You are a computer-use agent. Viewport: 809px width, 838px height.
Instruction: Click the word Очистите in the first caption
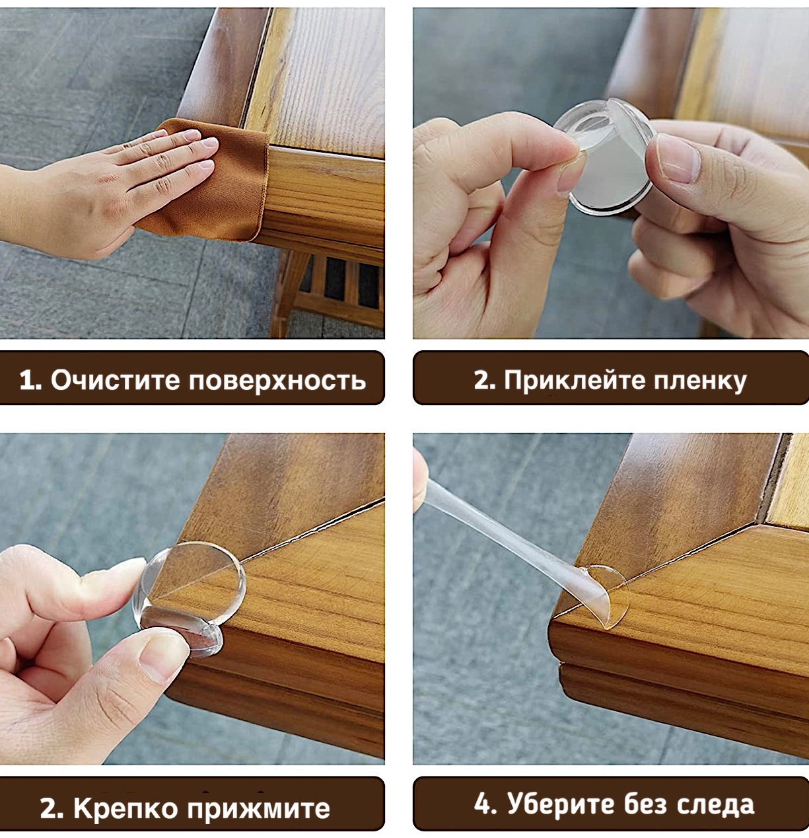[115, 380]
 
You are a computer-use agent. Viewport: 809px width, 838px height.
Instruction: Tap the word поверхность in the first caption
[277, 381]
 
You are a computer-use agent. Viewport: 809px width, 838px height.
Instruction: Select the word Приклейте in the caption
[575, 381]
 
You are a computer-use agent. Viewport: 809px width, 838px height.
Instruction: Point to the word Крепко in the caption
[125, 809]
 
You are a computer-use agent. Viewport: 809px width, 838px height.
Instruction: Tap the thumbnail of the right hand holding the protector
[678, 159]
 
